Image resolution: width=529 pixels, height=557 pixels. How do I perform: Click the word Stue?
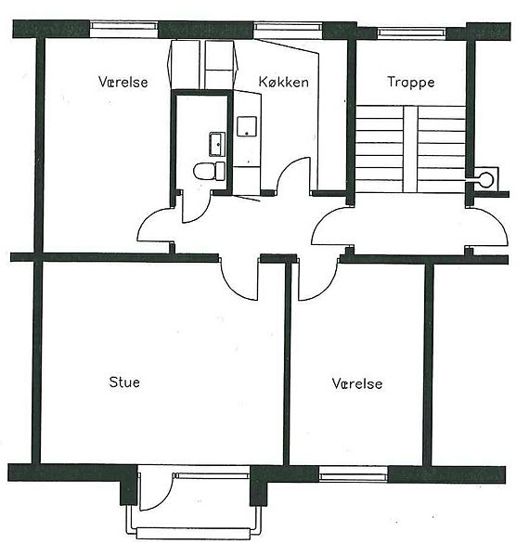124,382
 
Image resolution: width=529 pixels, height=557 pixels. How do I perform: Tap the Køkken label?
283,82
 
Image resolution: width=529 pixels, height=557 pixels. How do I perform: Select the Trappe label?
411,83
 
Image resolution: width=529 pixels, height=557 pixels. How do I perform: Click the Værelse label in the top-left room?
123,82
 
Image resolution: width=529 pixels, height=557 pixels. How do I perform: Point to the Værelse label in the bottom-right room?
357,383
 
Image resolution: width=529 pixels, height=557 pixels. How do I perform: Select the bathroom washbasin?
217,144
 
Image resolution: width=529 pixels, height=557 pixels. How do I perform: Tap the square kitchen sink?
247,126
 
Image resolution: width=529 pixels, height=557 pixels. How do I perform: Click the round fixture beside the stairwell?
485,177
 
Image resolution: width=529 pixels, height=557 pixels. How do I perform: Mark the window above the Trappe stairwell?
411,33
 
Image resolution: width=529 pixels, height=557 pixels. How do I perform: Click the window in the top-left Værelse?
123,29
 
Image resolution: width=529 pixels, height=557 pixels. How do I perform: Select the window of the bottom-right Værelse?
354,474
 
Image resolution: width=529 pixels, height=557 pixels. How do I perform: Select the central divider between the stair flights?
410,149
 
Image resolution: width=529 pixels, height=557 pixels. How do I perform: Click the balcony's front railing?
194,533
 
